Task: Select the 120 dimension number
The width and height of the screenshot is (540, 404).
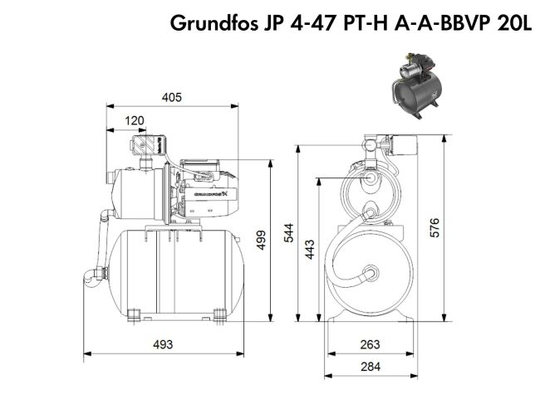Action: (135, 121)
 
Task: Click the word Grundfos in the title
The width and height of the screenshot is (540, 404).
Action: (213, 22)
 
